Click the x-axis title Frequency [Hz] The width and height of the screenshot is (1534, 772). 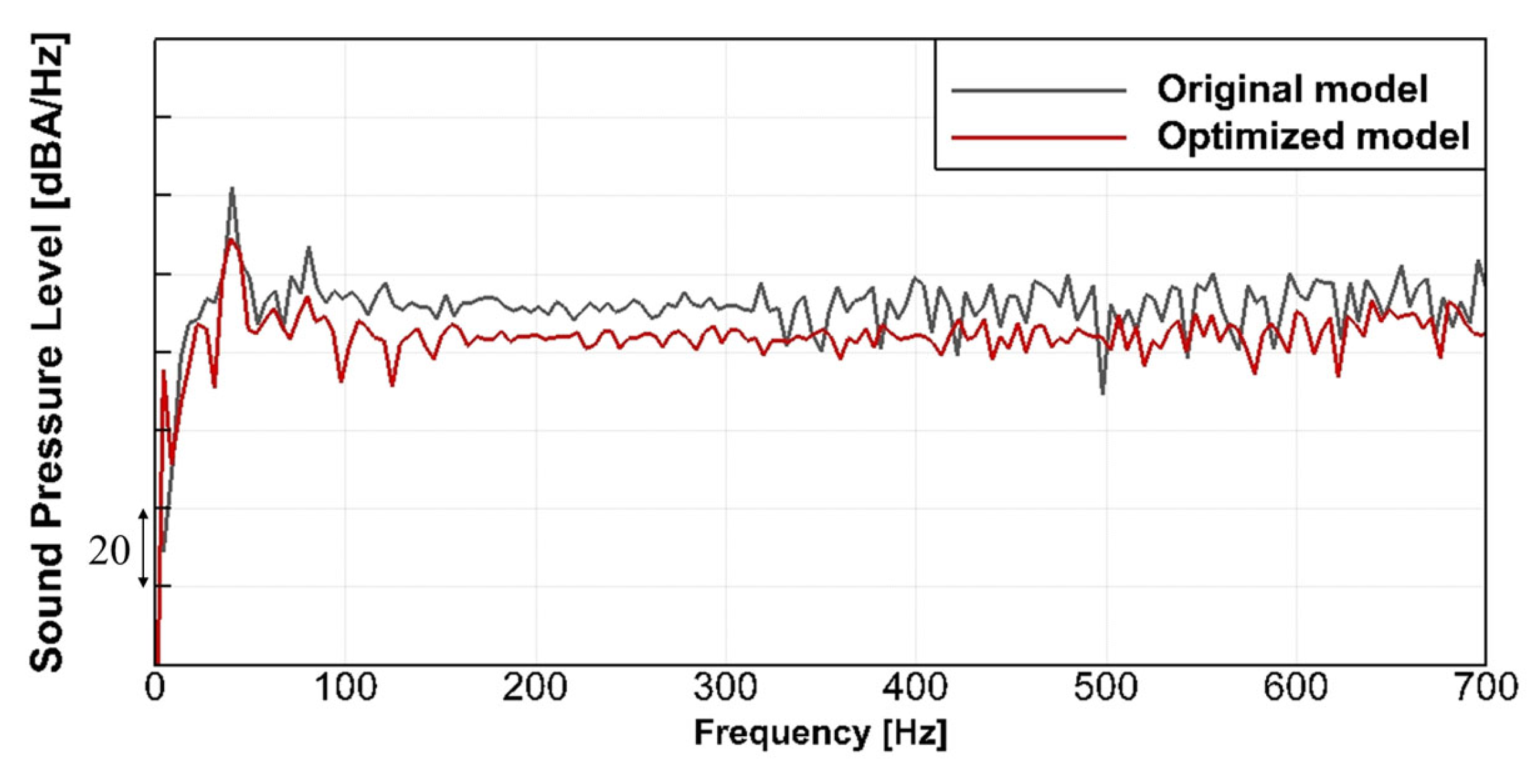point(820,734)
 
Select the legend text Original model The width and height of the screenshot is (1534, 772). point(1292,89)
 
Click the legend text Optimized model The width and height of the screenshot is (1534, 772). point(1313,136)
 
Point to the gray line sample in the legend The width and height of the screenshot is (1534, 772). point(1038,90)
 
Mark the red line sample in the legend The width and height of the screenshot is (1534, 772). point(1038,138)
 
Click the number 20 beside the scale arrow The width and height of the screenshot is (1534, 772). point(108,551)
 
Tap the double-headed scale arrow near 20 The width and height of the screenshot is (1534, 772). point(143,549)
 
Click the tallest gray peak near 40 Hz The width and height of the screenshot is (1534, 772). point(232,189)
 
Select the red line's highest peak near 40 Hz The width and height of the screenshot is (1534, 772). point(231,241)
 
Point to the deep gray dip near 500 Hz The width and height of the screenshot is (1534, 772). point(1103,393)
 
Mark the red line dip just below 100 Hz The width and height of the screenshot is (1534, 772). point(342,381)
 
